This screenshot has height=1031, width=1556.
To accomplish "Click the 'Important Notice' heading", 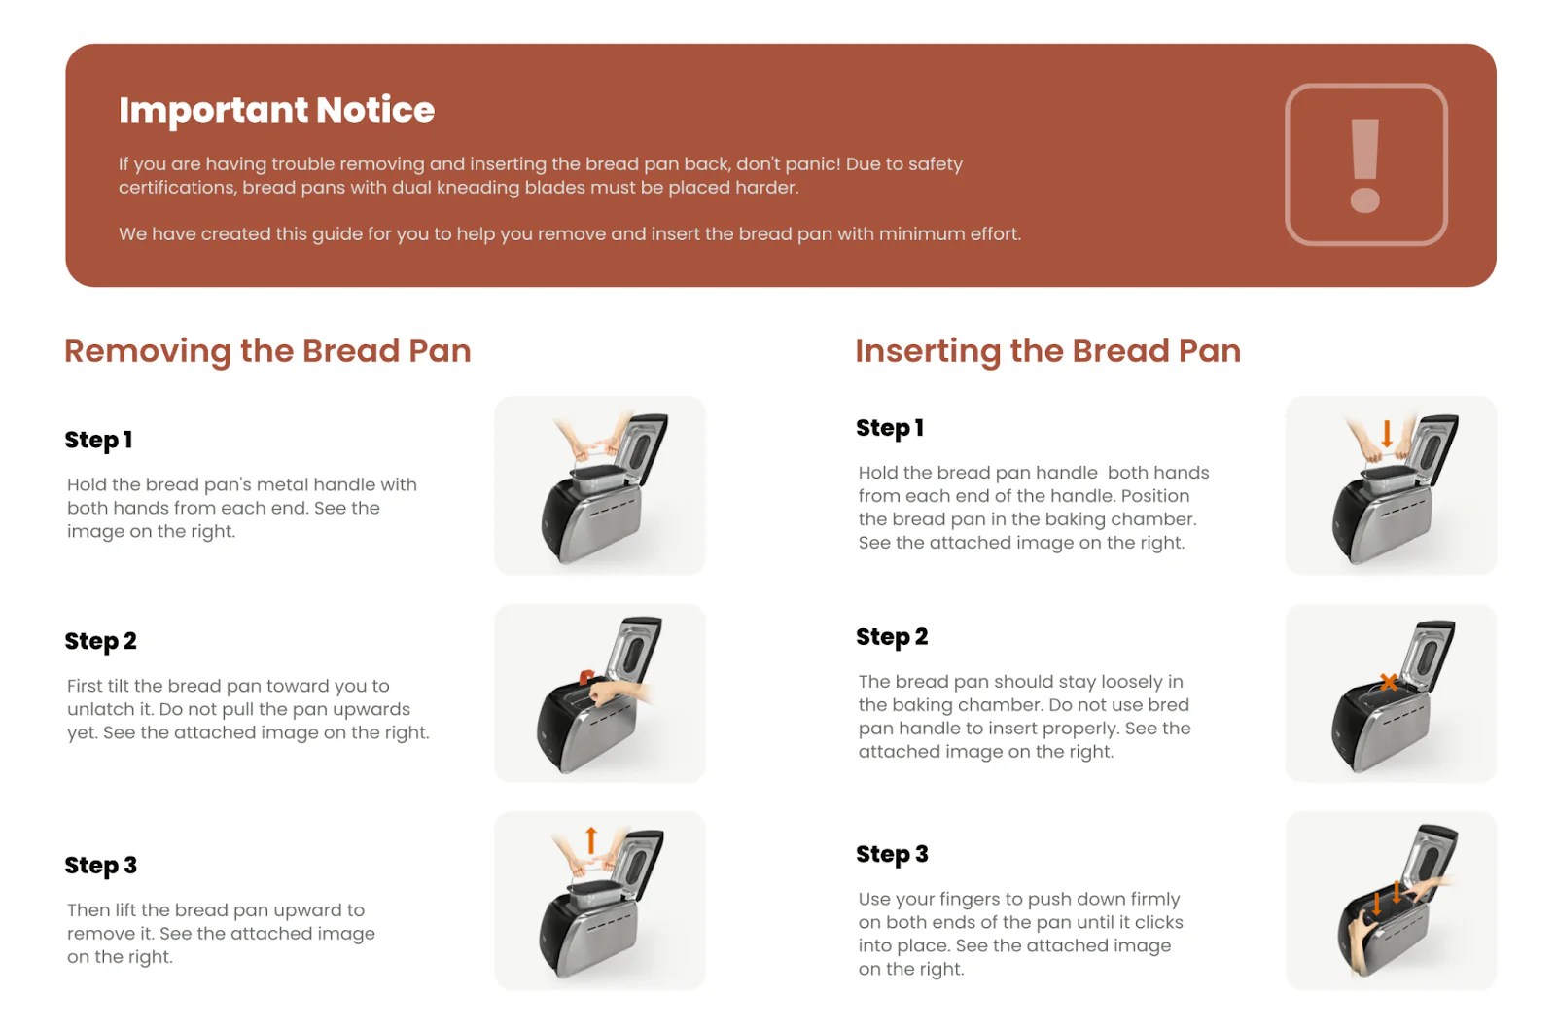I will tap(276, 110).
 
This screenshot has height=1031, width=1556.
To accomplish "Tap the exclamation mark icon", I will tap(1365, 164).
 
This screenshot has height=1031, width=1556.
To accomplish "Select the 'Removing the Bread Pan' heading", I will tap(267, 351).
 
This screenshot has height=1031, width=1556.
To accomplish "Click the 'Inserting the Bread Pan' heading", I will tap(1047, 351).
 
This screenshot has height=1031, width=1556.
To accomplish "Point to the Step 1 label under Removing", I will tap(98, 441).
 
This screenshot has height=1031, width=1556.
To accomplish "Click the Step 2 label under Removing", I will tap(100, 642).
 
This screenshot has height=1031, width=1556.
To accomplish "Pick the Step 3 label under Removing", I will tap(100, 866).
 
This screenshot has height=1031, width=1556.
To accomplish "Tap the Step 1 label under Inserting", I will tap(889, 429).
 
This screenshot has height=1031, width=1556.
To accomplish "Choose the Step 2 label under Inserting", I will tap(891, 637).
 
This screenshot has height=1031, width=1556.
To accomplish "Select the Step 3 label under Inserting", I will tap(891, 855).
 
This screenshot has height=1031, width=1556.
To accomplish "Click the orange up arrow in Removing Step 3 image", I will tap(590, 839).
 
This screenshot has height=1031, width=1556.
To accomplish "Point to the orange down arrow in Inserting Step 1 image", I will tap(1387, 433).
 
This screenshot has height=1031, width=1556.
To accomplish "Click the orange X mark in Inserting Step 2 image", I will tap(1389, 682).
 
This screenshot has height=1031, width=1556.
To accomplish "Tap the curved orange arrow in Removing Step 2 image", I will tap(586, 677).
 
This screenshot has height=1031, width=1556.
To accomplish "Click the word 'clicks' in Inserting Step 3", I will tap(1158, 923).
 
